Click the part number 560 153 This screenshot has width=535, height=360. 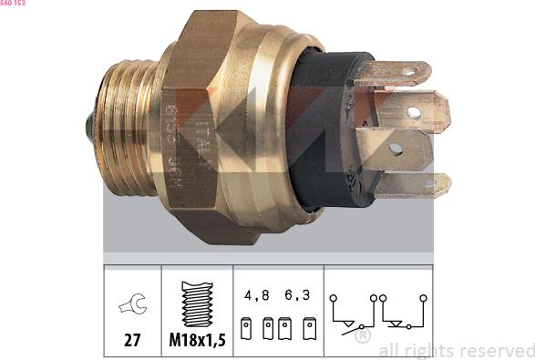coord(13,4)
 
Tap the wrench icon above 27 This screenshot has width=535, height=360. coord(132,307)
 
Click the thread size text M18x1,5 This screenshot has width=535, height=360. coord(196,342)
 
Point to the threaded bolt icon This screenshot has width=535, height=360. coord(196,303)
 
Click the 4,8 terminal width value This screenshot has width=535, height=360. coord(256,296)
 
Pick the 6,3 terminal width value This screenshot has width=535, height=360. coord(297,296)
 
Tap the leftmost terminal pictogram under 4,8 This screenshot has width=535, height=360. coord(246,328)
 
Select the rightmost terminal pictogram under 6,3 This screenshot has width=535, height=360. coord(310,328)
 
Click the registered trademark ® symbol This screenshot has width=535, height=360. coord(362,335)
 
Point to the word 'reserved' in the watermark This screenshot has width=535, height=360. coord(499,350)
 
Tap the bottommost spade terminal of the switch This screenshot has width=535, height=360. coord(412,186)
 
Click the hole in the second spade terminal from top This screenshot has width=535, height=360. coord(413,113)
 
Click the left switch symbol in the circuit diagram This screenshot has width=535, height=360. coord(352,314)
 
